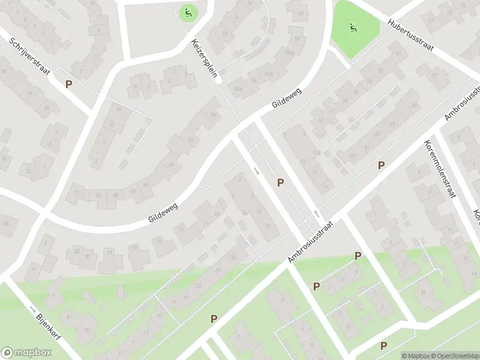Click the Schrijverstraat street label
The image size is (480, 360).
(x=29, y=58)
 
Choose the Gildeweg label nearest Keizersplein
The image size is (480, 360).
(x=286, y=96)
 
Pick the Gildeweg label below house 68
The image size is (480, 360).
(x=164, y=212)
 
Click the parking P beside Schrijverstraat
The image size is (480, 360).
(x=69, y=85)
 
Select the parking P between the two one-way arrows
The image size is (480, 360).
(x=280, y=182)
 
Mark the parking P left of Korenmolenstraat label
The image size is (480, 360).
(x=380, y=165)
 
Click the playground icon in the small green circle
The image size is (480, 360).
(x=188, y=12)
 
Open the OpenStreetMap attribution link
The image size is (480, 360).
(x=455, y=356)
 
